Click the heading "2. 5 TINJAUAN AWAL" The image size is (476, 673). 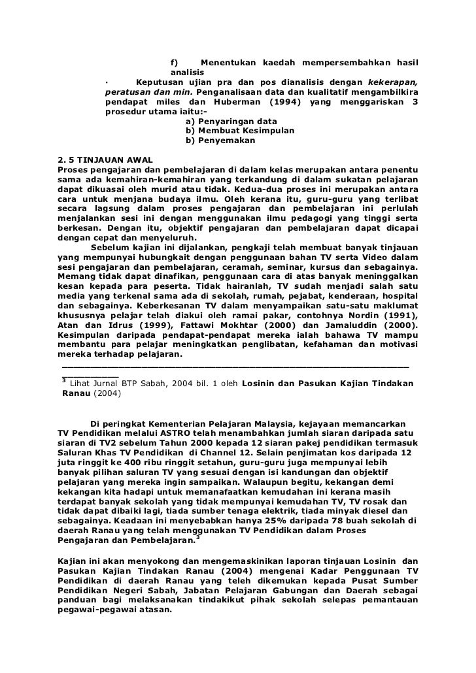tap(105, 161)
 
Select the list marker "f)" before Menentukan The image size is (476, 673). tap(175, 62)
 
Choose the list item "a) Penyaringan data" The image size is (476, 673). tap(231, 122)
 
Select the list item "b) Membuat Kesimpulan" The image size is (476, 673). tap(240, 131)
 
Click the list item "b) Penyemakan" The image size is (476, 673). tap(220, 140)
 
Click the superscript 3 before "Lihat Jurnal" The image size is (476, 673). tap(63, 380)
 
